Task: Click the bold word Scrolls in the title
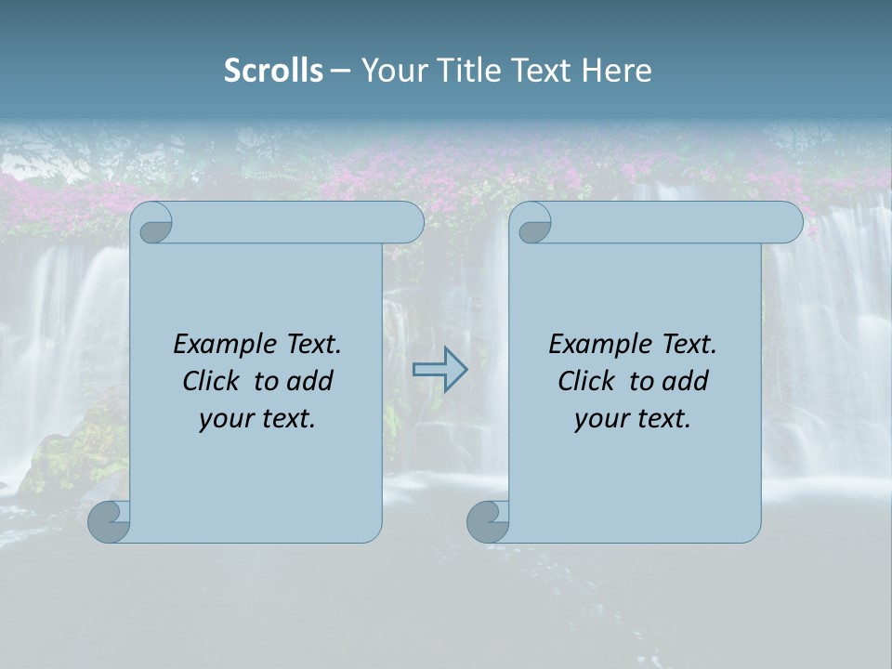[273, 71]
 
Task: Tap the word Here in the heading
[617, 71]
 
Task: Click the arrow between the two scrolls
[439, 369]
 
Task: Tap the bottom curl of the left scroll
[109, 521]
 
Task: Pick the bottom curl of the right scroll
[488, 521]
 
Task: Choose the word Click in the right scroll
[585, 382]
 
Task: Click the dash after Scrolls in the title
[341, 71]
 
